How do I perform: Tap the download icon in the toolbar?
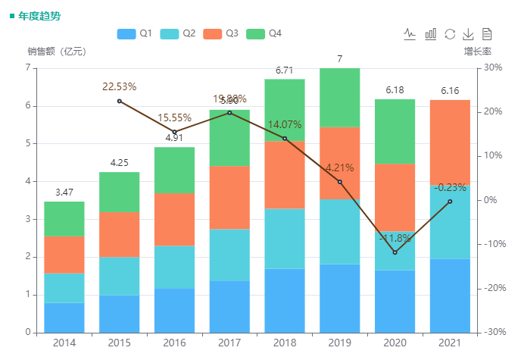point(468,33)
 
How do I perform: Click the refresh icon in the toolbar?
point(450,33)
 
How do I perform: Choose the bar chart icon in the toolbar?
point(430,33)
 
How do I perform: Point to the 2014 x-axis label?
point(64,343)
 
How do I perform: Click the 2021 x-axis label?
point(450,343)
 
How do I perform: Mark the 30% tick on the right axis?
point(494,67)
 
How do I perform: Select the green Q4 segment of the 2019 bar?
point(339,97)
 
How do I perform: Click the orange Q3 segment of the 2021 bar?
point(450,142)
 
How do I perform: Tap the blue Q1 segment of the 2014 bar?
point(64,317)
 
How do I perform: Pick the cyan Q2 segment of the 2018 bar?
point(285,239)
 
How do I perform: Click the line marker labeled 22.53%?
point(120,101)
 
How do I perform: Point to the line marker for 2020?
point(395,252)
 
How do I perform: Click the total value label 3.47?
point(64,193)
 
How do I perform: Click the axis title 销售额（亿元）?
point(57,52)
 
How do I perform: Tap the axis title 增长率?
point(478,52)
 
